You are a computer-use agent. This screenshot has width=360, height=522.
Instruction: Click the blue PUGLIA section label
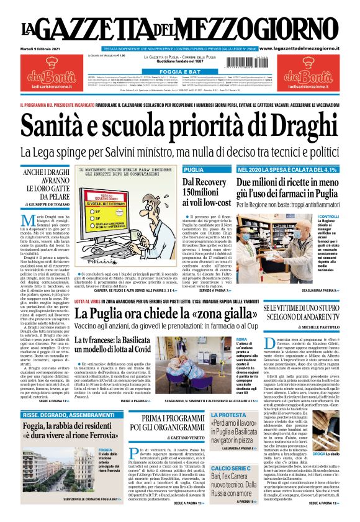point(194,169)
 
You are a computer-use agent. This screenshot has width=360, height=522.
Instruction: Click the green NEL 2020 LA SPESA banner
point(287,169)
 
